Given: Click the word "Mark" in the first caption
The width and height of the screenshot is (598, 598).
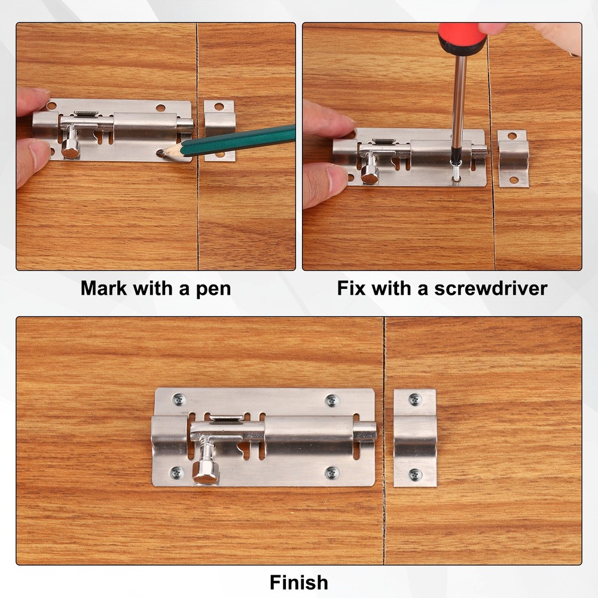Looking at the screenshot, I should (104, 289).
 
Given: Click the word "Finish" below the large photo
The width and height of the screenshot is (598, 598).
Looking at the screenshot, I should (298, 582).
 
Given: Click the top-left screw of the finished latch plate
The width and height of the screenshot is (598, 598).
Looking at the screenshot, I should (179, 399).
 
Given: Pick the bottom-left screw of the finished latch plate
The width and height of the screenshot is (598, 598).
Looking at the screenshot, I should (177, 473).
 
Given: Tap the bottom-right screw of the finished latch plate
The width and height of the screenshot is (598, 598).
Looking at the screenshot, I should (332, 473).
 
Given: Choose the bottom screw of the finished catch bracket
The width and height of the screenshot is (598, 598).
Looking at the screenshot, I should (415, 475).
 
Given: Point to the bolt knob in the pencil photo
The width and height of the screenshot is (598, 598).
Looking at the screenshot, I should (71, 149).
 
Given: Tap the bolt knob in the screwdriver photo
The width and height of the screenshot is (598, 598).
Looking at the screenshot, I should (369, 174).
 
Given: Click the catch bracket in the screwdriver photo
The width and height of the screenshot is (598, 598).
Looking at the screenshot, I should (513, 158).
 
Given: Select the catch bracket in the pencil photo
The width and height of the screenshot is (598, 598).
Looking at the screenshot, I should (219, 130).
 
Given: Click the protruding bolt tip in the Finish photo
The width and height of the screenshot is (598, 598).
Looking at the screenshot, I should (365, 431).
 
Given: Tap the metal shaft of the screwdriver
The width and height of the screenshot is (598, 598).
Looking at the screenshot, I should (459, 102).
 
